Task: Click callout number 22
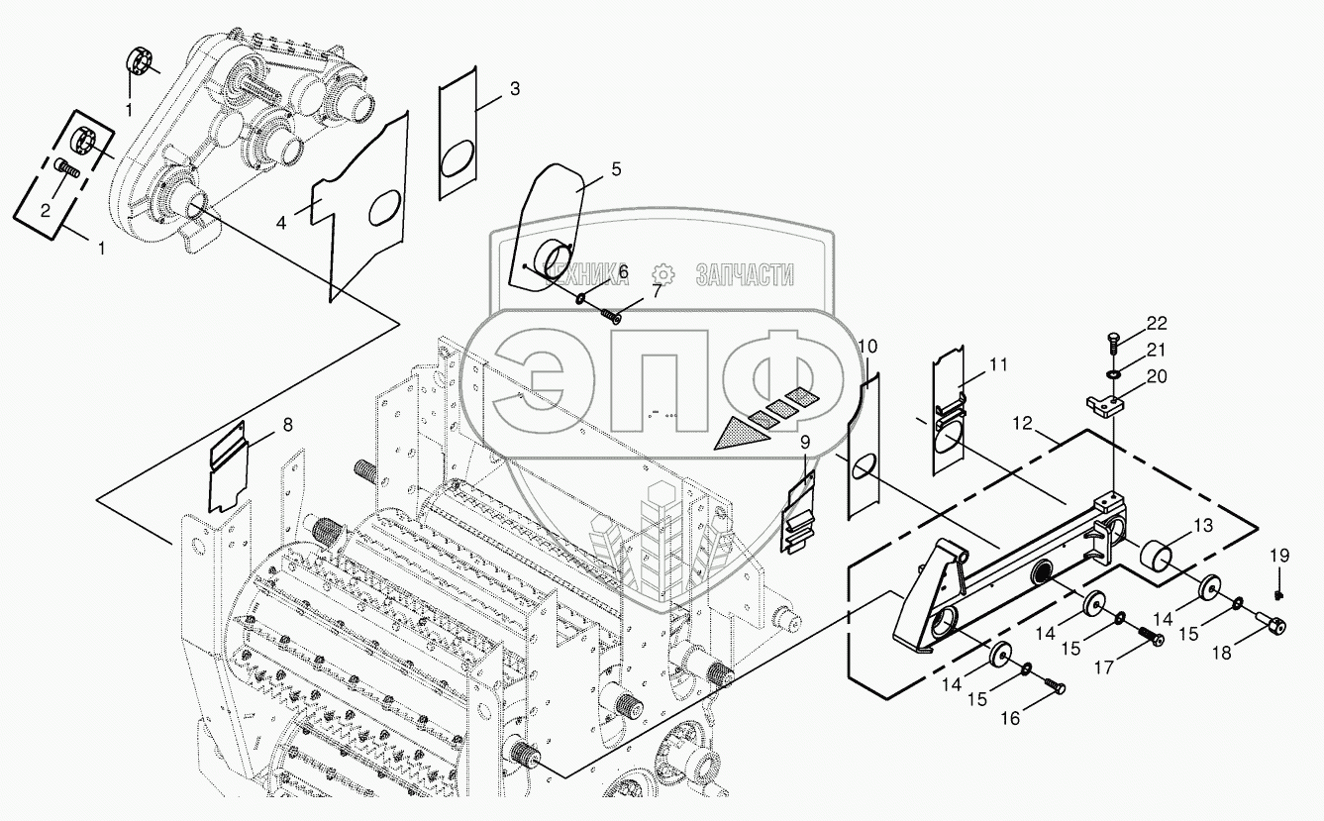click(1158, 324)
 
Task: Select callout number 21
click(1158, 350)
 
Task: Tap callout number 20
click(1158, 376)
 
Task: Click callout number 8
click(287, 425)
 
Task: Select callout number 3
click(514, 88)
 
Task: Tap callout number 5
click(616, 168)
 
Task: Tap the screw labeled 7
click(611, 315)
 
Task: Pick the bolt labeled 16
click(1057, 686)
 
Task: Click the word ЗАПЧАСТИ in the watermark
click(745, 274)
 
